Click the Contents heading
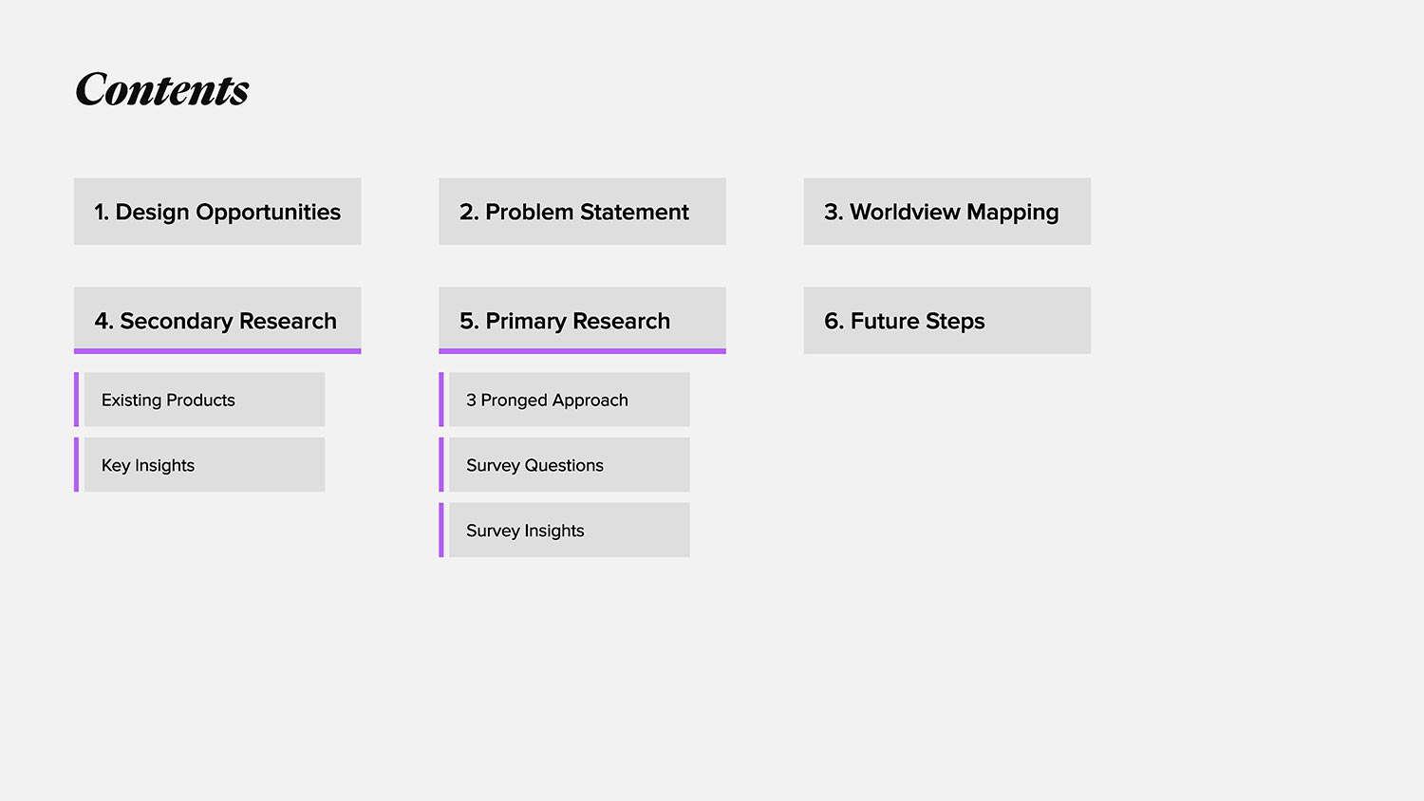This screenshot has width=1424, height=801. click(x=162, y=88)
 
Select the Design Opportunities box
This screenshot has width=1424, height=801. click(x=217, y=211)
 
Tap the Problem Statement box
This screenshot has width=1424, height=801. click(x=582, y=211)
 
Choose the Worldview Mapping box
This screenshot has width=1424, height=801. click(x=947, y=211)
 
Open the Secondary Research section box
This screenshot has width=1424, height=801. click(x=217, y=320)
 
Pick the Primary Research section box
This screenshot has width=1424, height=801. click(x=582, y=320)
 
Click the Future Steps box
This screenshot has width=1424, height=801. click(x=947, y=320)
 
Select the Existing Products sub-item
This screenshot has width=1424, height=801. click(x=204, y=400)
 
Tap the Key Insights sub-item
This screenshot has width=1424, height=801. click(x=204, y=464)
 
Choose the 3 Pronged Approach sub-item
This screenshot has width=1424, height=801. click(x=569, y=400)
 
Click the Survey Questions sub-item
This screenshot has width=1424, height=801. click(x=569, y=464)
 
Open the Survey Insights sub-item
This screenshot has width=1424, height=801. click(x=569, y=530)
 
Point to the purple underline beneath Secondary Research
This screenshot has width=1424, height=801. click(x=217, y=351)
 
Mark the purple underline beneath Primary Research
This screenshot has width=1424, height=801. click(x=582, y=351)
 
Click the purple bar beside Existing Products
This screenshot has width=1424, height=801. click(x=76, y=400)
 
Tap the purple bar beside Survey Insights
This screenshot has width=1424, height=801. click(x=441, y=530)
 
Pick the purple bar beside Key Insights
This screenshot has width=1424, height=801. click(x=76, y=464)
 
